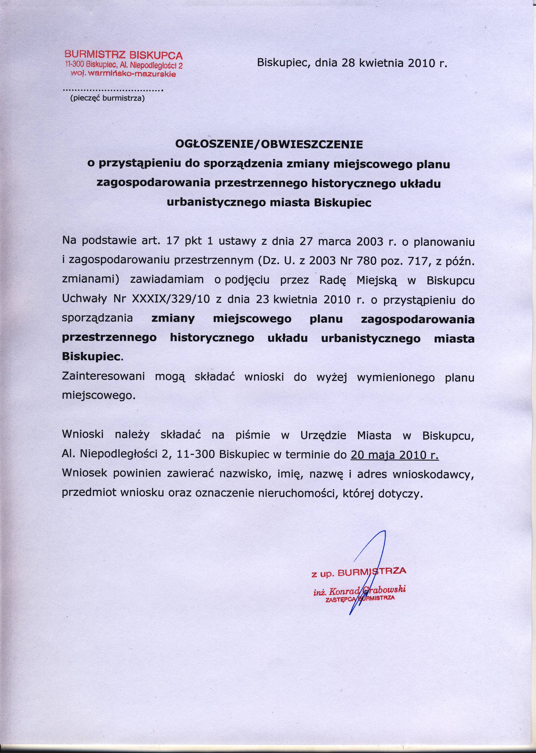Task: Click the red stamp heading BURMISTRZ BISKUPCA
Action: coord(123,55)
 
